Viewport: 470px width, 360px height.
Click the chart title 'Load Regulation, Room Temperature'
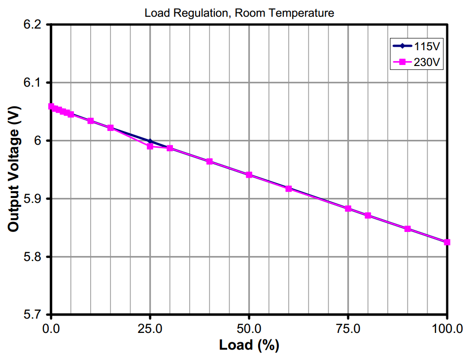[239, 13]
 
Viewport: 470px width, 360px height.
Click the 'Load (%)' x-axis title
[249, 346]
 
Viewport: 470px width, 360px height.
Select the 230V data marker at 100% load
[447, 242]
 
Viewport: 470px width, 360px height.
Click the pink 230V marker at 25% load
[150, 146]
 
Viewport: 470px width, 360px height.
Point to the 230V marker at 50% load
[249, 175]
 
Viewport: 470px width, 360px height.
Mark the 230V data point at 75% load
[348, 209]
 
